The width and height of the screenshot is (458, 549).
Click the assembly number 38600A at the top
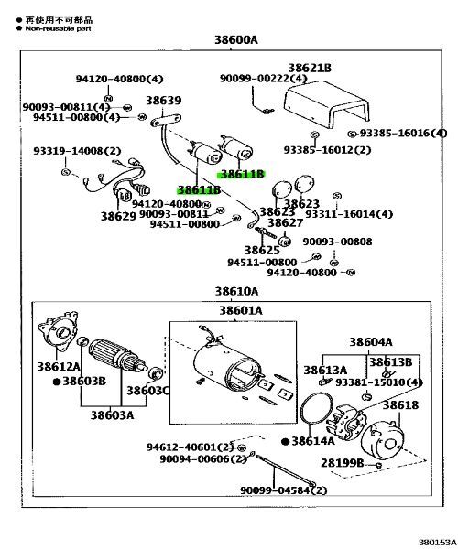236,39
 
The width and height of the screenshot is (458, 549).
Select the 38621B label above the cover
310,69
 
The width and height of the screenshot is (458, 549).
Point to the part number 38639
163,101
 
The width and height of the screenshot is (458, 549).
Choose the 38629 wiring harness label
118,216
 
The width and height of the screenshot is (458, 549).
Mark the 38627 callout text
285,222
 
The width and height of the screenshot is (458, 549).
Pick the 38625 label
262,250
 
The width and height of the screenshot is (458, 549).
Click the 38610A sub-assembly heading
236,292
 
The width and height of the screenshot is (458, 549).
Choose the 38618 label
400,404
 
